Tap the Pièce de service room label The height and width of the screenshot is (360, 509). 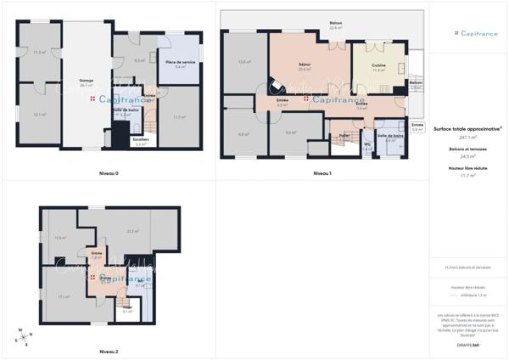(180, 64)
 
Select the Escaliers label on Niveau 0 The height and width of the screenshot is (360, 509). (141, 141)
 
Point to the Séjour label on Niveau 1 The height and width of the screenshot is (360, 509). (305, 66)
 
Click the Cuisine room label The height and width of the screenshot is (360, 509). (378, 66)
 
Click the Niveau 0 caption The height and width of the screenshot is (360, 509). (109, 173)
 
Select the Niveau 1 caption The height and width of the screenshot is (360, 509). (322, 173)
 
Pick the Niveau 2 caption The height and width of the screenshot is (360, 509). (109, 351)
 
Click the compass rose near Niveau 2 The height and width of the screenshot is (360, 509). (20, 336)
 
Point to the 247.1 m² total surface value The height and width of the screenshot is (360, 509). (467, 137)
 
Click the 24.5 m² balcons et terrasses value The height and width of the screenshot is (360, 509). (467, 156)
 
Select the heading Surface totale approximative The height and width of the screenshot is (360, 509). (467, 128)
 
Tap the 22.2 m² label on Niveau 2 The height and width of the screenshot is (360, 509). (132, 231)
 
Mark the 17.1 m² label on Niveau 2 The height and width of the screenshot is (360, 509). (64, 296)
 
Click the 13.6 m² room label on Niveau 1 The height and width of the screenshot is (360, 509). (243, 62)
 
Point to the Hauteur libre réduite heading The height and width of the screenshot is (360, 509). (467, 167)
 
